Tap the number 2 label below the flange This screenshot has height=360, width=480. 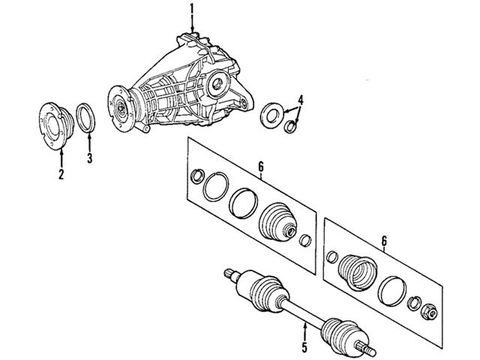coord(61,175)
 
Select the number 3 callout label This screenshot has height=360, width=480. coord(89,157)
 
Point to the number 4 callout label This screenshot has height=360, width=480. coord(300,99)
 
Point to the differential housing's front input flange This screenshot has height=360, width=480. coord(118,105)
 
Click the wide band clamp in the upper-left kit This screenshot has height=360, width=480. coord(244,201)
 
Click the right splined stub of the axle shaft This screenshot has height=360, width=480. coord(365,346)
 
